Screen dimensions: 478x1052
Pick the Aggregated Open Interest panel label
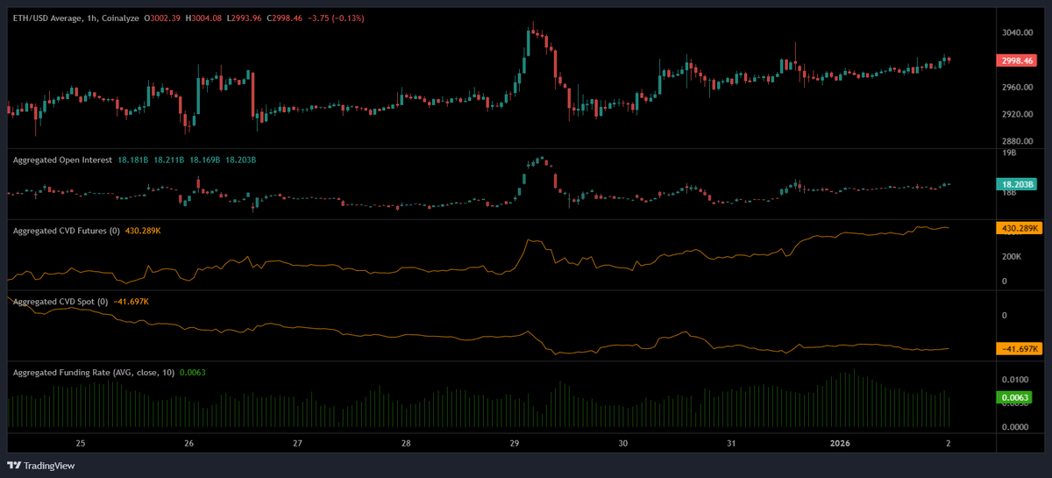[62, 160]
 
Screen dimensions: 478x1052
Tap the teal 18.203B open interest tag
[1017, 184]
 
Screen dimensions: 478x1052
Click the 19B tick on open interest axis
[1008, 153]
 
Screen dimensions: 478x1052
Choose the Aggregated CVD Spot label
[55, 302]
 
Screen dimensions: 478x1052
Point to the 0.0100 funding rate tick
[1015, 380]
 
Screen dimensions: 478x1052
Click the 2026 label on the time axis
[839, 444]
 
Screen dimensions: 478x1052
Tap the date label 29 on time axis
[514, 444]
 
